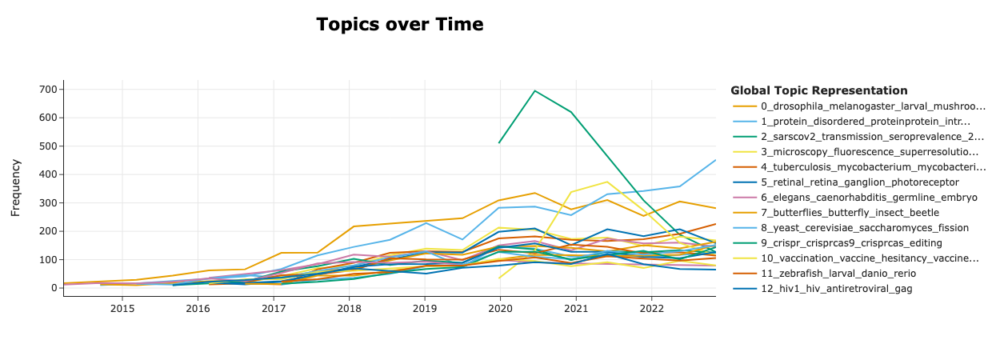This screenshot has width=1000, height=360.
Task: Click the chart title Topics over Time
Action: pos(399,25)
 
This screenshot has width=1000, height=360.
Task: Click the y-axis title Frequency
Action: pos(16,186)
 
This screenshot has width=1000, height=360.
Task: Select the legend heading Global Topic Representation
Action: pos(818,90)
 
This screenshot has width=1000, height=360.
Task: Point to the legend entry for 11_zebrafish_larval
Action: pos(850,274)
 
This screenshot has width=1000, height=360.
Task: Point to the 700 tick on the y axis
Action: pos(48,89)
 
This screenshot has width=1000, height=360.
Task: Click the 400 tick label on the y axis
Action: pos(48,174)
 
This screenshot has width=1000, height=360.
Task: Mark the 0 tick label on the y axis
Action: pos(54,288)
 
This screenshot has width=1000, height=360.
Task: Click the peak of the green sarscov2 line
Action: pos(534,90)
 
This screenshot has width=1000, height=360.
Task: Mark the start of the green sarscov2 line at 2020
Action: pos(499,142)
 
